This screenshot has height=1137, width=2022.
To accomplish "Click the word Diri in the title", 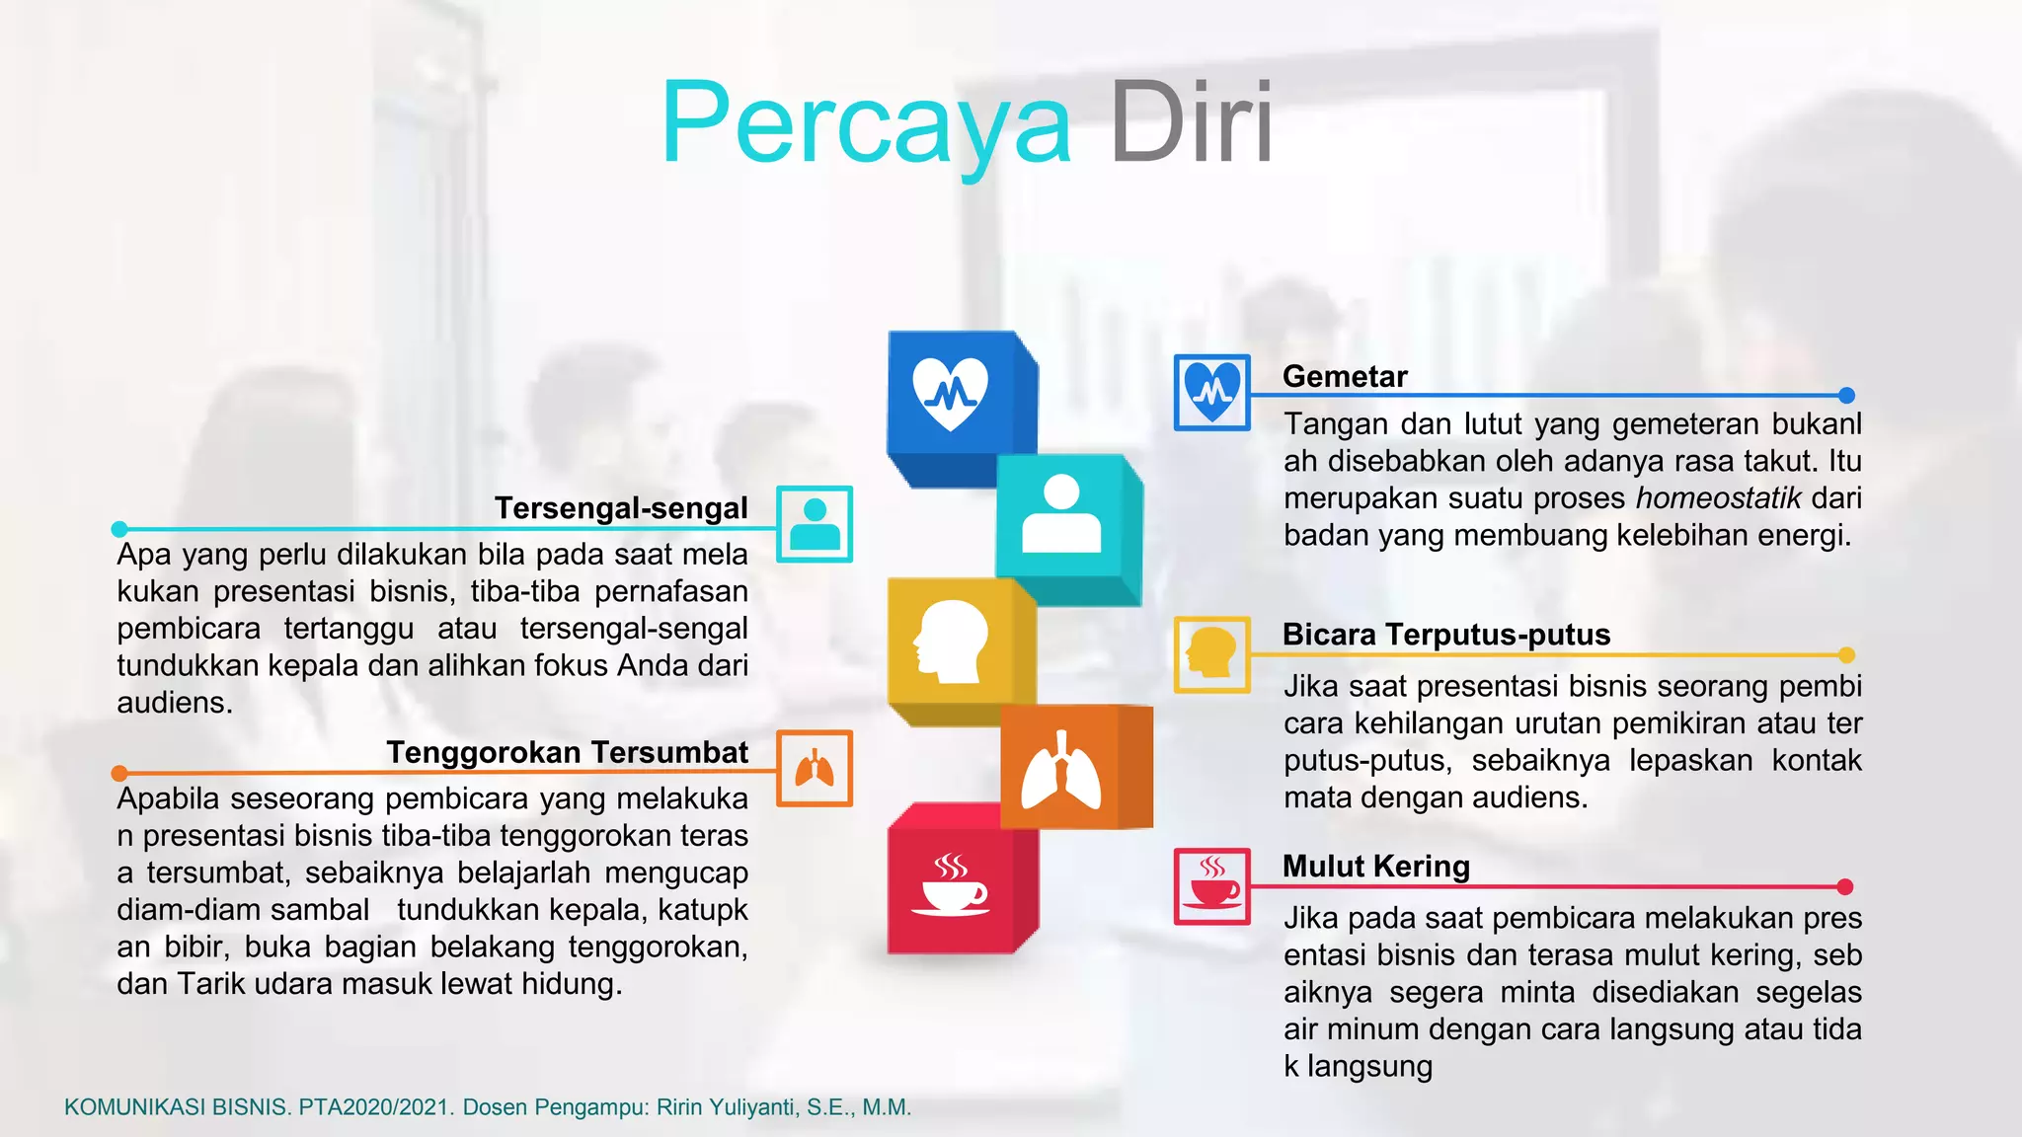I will tap(1191, 124).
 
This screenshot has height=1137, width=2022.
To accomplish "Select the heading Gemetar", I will tap(1345, 376).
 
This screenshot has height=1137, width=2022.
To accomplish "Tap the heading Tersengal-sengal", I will tap(621, 507).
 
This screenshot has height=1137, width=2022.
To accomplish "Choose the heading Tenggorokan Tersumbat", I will tap(567, 752).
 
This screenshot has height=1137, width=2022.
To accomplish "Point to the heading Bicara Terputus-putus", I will tap(1446, 634).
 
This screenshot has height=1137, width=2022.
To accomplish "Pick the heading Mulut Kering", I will tap(1376, 866).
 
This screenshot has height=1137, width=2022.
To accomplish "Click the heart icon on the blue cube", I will tap(950, 393).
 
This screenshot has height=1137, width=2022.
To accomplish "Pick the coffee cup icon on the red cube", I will tap(950, 885).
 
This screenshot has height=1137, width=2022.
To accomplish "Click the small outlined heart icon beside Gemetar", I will tap(1212, 392).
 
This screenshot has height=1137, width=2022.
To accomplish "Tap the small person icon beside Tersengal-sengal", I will tap(815, 524).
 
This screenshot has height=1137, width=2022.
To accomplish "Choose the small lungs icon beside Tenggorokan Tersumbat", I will tap(815, 768).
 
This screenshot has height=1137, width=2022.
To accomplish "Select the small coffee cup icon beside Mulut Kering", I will tap(1212, 885).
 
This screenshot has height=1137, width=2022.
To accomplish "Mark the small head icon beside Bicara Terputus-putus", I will tap(1212, 654).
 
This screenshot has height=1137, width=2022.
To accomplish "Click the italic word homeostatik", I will tap(1718, 498).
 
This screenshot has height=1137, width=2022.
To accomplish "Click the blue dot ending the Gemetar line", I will tap(1846, 396).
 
